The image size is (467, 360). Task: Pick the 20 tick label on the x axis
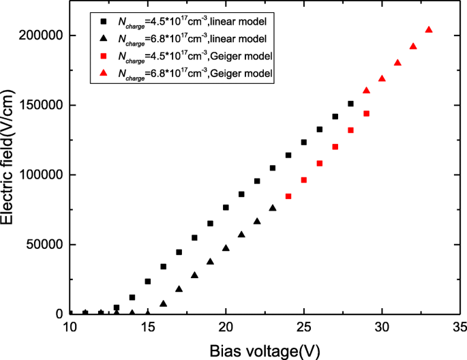click(226, 327)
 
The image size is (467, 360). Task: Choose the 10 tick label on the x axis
click(70, 327)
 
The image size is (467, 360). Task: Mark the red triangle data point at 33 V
click(429, 29)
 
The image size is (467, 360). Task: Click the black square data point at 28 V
click(350, 104)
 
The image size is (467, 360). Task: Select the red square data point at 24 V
click(288, 196)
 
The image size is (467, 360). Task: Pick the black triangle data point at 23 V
click(273, 207)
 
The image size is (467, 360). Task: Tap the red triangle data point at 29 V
click(366, 90)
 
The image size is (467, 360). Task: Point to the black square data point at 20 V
click(226, 207)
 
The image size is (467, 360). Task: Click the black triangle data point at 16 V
click(163, 303)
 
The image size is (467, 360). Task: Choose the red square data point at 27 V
click(335, 147)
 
